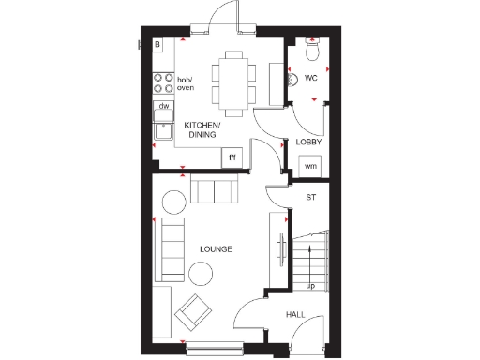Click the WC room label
click(x=310, y=79)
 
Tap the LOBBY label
click(x=309, y=142)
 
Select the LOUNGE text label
click(x=216, y=248)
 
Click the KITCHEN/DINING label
click(x=202, y=130)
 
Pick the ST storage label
click(x=310, y=198)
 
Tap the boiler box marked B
click(x=157, y=44)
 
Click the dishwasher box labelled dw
click(x=163, y=106)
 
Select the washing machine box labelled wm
click(x=309, y=166)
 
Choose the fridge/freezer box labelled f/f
click(x=232, y=157)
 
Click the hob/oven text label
click(x=186, y=83)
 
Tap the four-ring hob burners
click(x=161, y=83)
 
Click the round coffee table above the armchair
click(x=201, y=273)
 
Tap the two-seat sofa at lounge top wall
click(x=215, y=190)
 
